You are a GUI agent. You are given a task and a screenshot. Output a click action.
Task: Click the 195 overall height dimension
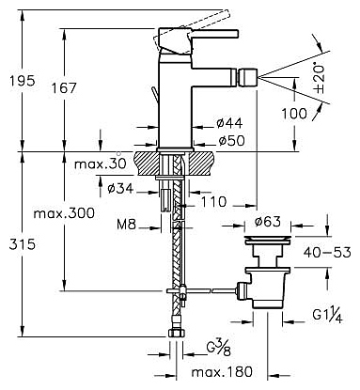22,81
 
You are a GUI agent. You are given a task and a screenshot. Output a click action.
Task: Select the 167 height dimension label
64,88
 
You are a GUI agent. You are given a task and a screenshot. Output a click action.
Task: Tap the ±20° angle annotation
319,79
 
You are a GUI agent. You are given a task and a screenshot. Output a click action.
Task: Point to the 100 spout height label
294,113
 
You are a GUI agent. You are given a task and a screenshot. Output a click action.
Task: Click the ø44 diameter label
229,123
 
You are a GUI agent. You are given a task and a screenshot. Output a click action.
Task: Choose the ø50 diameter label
231,141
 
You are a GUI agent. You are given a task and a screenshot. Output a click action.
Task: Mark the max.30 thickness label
101,164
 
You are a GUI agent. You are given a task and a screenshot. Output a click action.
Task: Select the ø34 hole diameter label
120,188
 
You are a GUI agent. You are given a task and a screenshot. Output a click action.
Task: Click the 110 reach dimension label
213,202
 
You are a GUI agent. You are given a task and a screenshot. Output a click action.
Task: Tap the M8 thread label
127,225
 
